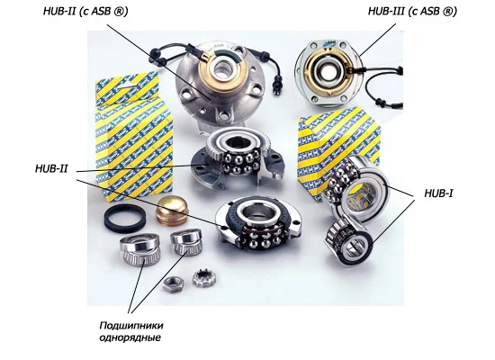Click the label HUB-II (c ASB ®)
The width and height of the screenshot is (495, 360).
(x=85, y=11)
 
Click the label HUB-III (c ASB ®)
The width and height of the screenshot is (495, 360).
(x=412, y=11)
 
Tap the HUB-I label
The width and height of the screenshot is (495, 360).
(x=439, y=193)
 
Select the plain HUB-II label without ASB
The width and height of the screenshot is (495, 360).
(x=51, y=168)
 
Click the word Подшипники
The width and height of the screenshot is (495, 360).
(x=131, y=326)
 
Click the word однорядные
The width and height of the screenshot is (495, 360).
(x=130, y=337)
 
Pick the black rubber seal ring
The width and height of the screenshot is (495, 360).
(x=125, y=218)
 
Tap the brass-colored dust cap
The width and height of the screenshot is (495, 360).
(x=172, y=211)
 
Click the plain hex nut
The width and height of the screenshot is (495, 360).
(x=174, y=284)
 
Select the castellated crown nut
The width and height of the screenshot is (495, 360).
(x=204, y=278)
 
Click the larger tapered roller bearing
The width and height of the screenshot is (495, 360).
(x=140, y=249)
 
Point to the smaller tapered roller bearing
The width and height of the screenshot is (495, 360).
(x=186, y=241)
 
